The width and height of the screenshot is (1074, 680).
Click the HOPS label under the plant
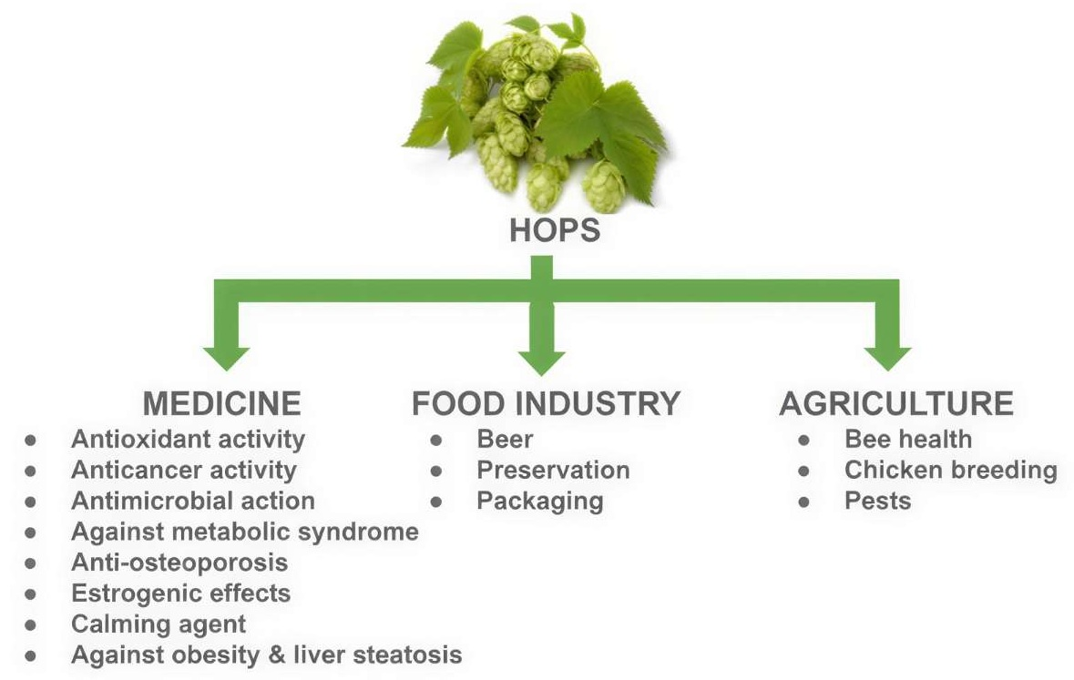tap(555, 230)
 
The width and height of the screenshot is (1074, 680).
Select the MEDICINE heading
tap(222, 403)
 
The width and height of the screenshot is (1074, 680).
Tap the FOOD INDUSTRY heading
tap(546, 403)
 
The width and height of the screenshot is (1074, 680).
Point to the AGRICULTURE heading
tap(896, 403)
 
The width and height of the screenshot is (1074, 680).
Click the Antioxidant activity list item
tap(189, 439)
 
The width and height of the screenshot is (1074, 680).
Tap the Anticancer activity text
tap(184, 470)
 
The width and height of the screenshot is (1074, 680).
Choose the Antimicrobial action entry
tap(193, 501)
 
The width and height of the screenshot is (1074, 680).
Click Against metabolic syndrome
tap(244, 532)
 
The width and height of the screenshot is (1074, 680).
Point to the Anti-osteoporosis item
tap(179, 563)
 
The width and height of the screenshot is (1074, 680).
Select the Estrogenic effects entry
tap(181, 593)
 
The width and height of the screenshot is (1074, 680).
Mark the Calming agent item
tap(159, 624)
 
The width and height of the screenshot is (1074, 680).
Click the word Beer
tap(505, 439)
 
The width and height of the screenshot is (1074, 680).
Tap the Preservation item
tap(554, 470)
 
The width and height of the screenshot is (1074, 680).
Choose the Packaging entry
tap(540, 502)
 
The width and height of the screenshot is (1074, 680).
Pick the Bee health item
tap(908, 439)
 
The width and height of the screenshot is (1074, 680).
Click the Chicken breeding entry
tap(951, 470)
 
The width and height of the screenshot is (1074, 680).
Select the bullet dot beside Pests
tap(804, 502)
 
